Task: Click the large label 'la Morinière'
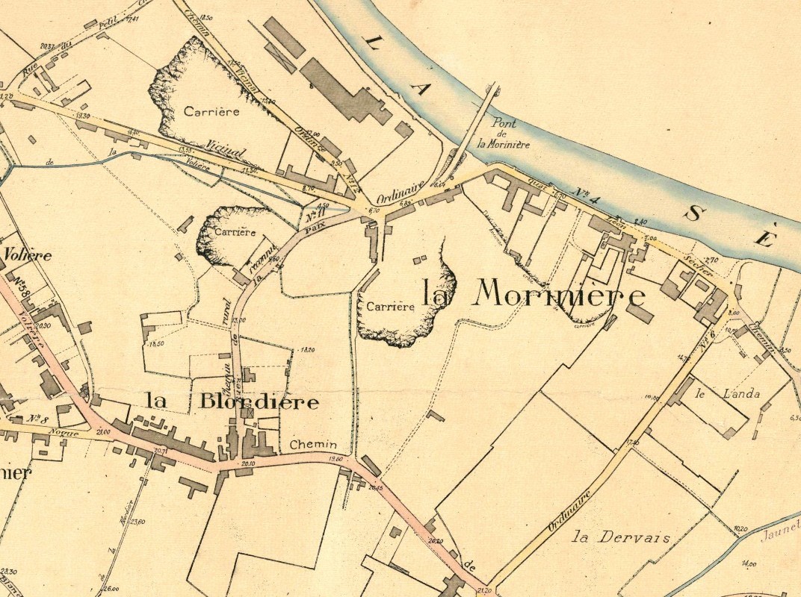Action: tap(534, 295)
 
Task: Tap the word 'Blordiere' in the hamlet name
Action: tap(259, 402)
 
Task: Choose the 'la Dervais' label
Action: tap(610, 537)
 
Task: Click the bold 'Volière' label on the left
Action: tap(28, 254)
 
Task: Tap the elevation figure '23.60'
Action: tap(136, 522)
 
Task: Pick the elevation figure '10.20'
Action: tap(740, 528)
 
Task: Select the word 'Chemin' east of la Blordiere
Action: tap(308, 444)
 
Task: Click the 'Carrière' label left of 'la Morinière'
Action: tap(389, 306)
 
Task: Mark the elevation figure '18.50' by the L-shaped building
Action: tap(156, 344)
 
